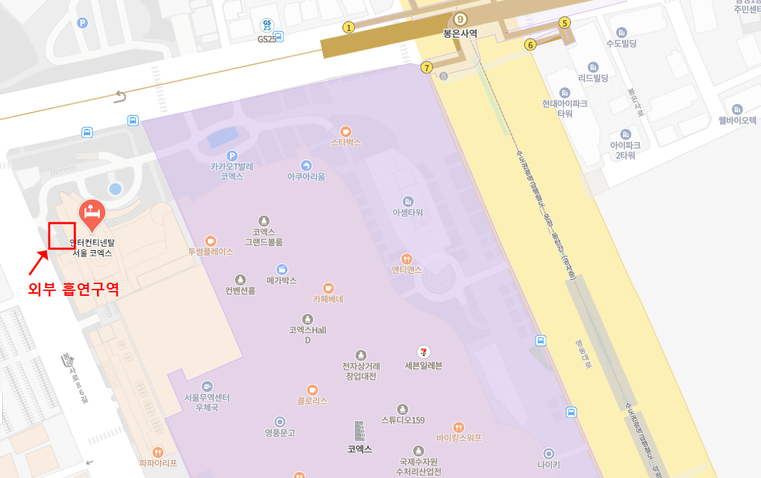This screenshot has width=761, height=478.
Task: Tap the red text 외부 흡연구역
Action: [x=73, y=289]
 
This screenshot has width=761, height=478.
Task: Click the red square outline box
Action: [x=62, y=236]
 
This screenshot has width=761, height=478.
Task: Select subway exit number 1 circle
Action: [x=349, y=28]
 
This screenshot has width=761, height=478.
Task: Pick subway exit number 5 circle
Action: [x=565, y=23]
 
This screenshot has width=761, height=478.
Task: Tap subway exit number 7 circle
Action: [x=426, y=67]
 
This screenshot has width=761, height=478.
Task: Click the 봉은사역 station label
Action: [x=461, y=33]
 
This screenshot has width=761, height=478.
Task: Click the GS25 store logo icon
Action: [x=267, y=25]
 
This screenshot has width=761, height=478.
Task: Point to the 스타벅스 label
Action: [x=346, y=143]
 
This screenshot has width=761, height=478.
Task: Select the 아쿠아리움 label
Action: [x=306, y=177]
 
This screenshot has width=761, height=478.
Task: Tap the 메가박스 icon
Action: [x=281, y=269]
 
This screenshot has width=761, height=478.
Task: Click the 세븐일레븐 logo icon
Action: [x=423, y=352]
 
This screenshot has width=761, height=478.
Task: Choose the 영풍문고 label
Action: [x=280, y=433]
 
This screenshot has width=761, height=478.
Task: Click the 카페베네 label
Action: [x=328, y=299]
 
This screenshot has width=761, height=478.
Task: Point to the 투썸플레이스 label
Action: [x=211, y=251]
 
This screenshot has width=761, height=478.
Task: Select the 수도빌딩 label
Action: [x=621, y=44]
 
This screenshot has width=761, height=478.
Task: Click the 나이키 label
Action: [x=548, y=465]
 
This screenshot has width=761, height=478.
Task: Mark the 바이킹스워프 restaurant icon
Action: [x=458, y=427]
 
